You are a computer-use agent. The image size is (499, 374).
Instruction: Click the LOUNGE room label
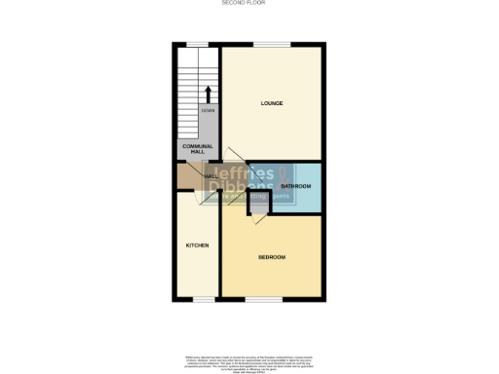point(272,102)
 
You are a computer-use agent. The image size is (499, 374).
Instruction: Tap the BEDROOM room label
point(272,257)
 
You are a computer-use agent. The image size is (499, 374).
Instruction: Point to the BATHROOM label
point(295,185)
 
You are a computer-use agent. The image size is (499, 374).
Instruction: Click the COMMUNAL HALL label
point(197,149)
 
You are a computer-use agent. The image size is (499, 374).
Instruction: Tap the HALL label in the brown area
point(183,176)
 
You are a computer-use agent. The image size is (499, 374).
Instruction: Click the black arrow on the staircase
point(208,93)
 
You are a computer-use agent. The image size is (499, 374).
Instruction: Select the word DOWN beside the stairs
point(208,110)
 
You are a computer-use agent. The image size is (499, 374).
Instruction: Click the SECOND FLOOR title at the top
point(249,4)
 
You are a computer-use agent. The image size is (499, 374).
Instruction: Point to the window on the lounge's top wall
point(272,44)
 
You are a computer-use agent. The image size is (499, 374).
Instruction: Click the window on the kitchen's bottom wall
point(203,300)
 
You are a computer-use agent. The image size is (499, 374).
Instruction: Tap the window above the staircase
point(198,44)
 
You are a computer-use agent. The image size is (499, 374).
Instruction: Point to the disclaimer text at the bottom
point(249,361)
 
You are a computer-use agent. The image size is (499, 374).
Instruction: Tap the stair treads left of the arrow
point(188,93)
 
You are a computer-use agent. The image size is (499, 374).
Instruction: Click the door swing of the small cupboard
point(258,220)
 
